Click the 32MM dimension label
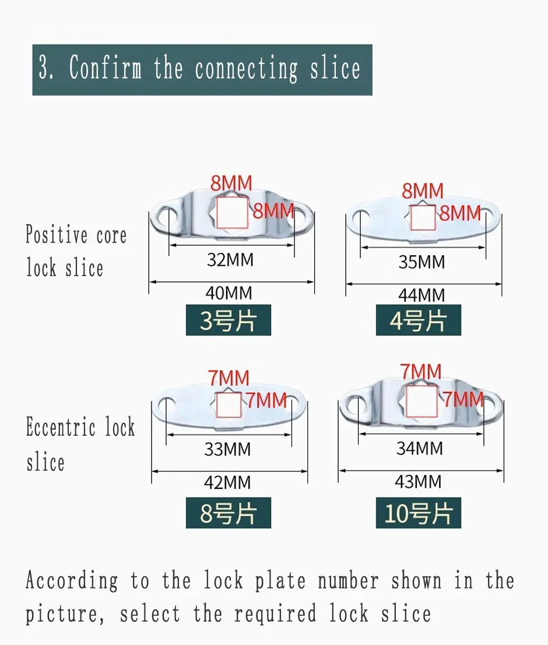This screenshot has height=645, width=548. click(x=230, y=260)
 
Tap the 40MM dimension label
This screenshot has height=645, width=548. click(x=229, y=293)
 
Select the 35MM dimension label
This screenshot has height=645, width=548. click(x=421, y=262)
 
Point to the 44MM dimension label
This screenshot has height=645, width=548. click(x=421, y=295)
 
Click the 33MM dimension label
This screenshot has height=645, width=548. click(x=228, y=449)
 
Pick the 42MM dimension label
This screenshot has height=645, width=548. click(x=228, y=482)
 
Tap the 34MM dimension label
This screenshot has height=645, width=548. click(x=420, y=449)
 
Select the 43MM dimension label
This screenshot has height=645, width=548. click(x=419, y=482)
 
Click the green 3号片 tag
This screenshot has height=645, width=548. click(x=229, y=320)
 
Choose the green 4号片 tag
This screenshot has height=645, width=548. click(x=419, y=320)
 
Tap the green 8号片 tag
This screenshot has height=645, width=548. click(x=229, y=513)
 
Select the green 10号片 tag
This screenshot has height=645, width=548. click(x=419, y=513)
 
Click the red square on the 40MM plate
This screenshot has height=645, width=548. click(x=232, y=213)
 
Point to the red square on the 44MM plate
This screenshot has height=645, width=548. click(x=423, y=217)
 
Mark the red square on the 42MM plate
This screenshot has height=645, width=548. click(x=229, y=405)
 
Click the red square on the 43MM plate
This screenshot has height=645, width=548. click(x=421, y=401)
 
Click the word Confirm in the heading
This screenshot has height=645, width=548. click(x=106, y=68)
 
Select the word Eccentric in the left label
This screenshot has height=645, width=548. click(x=61, y=427)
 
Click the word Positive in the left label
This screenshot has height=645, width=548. click(x=57, y=234)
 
